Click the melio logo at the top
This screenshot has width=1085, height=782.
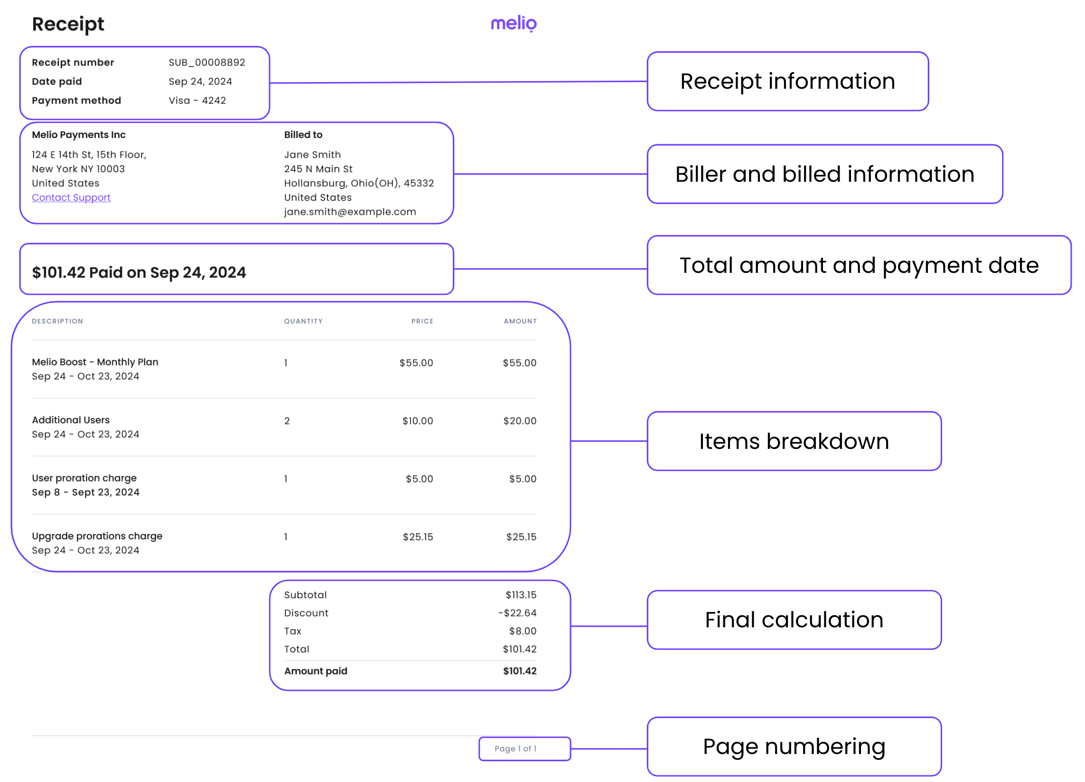[514, 23]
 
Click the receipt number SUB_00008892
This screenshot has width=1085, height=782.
[206, 63]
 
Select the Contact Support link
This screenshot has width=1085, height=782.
[71, 197]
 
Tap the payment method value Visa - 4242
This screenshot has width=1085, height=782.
[197, 101]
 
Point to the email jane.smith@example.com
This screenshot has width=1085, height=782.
[350, 212]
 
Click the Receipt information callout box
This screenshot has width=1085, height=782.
[787, 81]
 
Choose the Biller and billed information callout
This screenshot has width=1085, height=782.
[824, 174]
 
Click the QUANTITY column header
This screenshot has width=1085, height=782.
[303, 321]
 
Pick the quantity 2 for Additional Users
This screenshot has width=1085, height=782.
[287, 421]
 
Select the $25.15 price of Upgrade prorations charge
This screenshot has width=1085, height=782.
[418, 537]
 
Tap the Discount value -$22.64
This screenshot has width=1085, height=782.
[517, 613]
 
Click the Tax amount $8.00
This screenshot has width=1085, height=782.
[523, 631]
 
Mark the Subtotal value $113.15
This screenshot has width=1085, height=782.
[521, 595]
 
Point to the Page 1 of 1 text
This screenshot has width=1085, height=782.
[515, 749]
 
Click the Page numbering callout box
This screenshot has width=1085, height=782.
[794, 746]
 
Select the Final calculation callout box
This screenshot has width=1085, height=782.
[794, 620]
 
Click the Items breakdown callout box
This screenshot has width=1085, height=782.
[794, 441]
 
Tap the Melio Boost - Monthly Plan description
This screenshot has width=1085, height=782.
[95, 362]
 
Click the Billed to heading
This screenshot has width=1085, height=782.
[303, 135]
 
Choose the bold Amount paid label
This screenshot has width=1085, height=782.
[316, 671]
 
